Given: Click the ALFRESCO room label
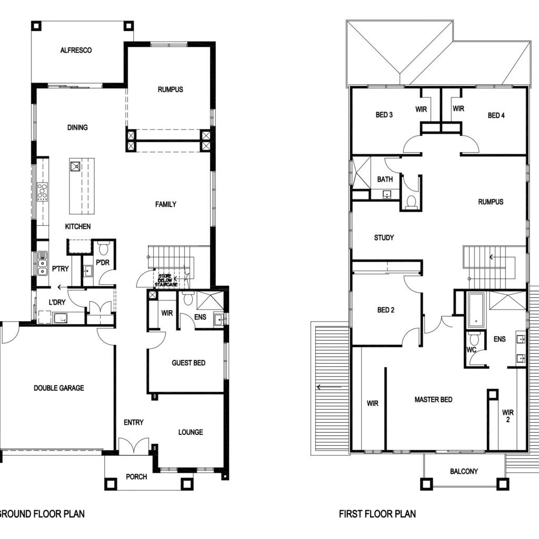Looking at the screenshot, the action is pos(76,50).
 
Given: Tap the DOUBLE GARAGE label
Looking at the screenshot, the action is pos(59,388).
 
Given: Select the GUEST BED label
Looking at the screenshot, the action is pos(188,363).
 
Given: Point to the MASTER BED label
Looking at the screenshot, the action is pos(433,400).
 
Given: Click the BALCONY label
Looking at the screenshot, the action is pos(464,471).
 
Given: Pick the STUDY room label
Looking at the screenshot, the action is pos(384,237).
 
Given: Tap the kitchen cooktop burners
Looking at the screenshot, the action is pos(42,192).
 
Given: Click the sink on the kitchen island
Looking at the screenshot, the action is pos(75,167).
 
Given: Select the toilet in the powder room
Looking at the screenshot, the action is pos(104,247).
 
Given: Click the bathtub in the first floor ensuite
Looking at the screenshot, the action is pos(476,310).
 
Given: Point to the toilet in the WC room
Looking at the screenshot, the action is pos(474,338).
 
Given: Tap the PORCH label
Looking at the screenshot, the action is pos(136,477).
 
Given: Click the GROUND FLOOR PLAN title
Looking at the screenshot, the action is pos(41,514).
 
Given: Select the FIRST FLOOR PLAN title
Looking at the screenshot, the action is pos(377,514).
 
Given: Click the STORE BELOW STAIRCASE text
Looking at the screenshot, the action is pos(166,281).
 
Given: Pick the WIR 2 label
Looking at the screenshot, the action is pos(508,416).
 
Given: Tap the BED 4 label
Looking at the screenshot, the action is pos(496,115).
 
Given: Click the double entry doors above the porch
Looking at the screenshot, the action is pos(134,446).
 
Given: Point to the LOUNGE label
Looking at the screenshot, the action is pos(191,432).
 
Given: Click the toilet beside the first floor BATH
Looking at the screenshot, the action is pos(411,202).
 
